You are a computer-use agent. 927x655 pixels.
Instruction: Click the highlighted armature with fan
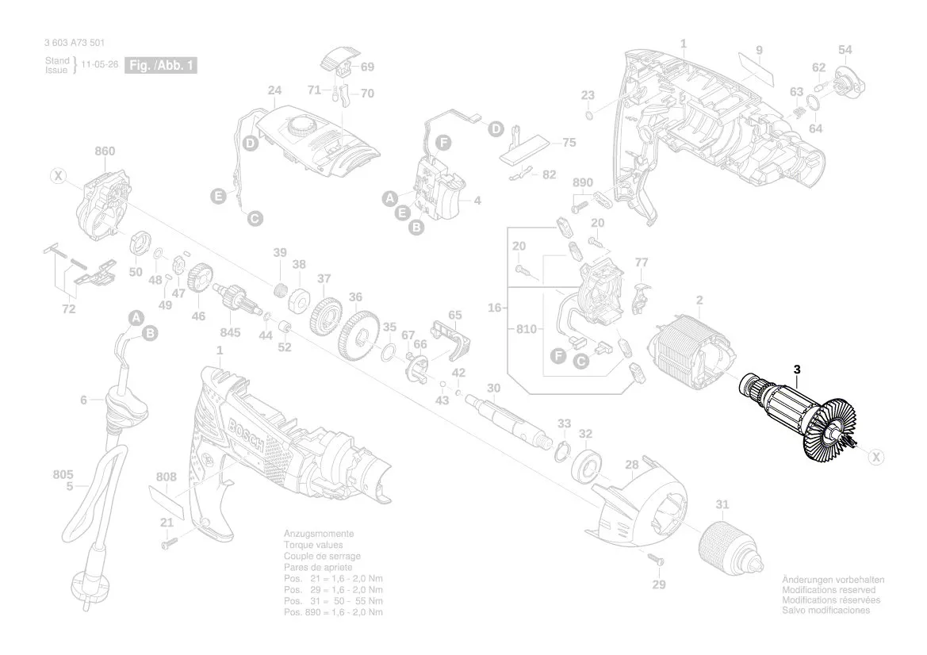[x=801, y=419]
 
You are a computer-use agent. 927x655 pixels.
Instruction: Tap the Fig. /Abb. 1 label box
[x=162, y=66]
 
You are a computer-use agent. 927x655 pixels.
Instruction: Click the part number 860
[x=105, y=151]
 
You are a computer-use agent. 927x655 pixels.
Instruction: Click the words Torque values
[x=313, y=546]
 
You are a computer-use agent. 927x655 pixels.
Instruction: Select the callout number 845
[x=230, y=331]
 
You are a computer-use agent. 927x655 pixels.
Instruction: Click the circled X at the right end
[x=876, y=457]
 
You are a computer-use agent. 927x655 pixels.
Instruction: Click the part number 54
[x=845, y=50]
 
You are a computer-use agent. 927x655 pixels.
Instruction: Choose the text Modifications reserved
[x=829, y=591]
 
